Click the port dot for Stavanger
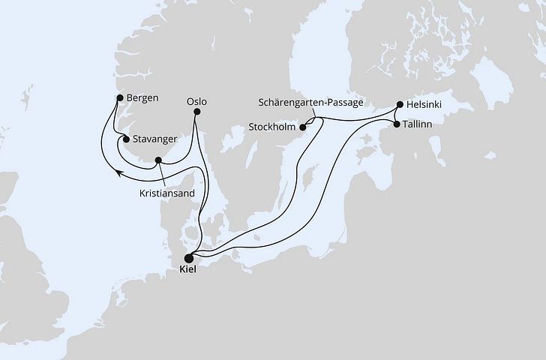[x=126, y=139]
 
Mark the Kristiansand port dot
[x=158, y=160]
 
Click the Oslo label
[x=197, y=100]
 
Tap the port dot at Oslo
[x=197, y=113]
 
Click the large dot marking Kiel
[x=188, y=255]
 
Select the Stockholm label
[x=272, y=127]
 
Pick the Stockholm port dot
[x=304, y=128]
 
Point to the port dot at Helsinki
[x=400, y=105]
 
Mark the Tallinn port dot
[x=397, y=124]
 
